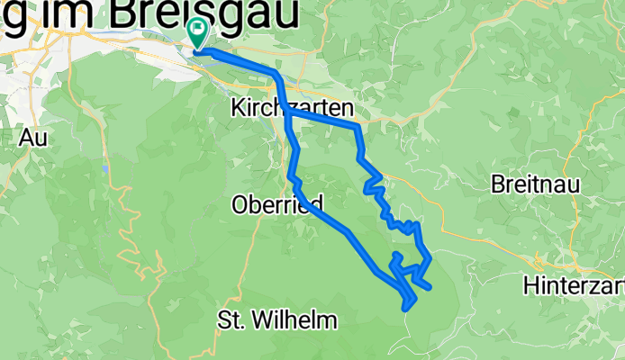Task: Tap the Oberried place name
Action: (x=277, y=204)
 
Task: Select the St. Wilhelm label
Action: (x=277, y=319)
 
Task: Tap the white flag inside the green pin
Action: (x=196, y=28)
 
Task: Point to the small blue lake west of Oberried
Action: (x=105, y=168)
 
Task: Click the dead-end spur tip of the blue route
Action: (x=430, y=288)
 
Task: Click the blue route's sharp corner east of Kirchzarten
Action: (x=359, y=127)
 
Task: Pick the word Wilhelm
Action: (x=292, y=319)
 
